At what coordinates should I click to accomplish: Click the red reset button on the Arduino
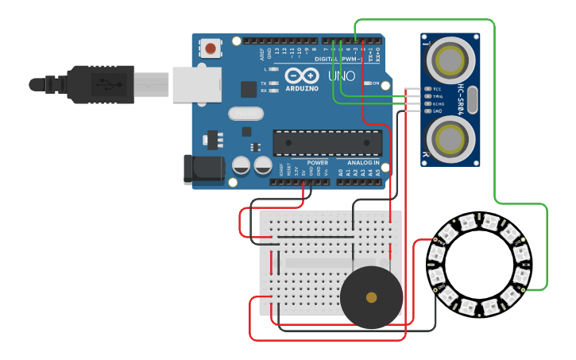[x=211, y=48]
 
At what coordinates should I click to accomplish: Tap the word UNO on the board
[x=342, y=76]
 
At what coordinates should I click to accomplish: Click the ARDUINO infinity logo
[x=301, y=76]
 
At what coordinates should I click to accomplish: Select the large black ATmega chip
[x=327, y=142]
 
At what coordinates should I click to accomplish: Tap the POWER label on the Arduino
[x=317, y=161]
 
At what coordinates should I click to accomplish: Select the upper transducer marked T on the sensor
[x=450, y=60]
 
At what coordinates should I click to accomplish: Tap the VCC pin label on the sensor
[x=436, y=89]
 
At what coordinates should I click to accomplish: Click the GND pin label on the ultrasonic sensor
[x=436, y=111]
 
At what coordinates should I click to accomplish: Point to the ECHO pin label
[x=437, y=104]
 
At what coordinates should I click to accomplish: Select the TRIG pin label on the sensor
[x=437, y=96]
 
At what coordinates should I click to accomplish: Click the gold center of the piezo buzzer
[x=371, y=297]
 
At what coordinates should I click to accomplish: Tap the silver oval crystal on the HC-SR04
[x=471, y=100]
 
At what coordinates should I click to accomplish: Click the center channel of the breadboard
[x=318, y=263]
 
